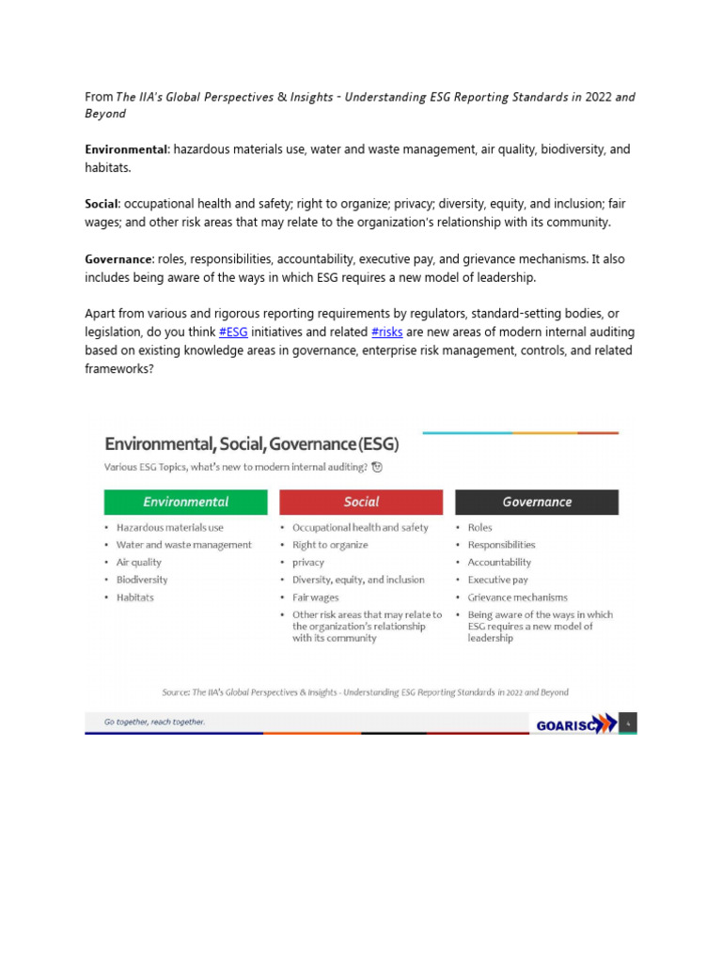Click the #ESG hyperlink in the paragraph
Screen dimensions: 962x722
coord(233,333)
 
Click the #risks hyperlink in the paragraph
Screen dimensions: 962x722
coord(387,333)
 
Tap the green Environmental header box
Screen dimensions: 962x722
coord(186,502)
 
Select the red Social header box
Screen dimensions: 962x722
coord(361,502)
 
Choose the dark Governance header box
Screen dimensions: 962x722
coord(537,502)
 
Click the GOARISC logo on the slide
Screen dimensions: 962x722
coord(576,723)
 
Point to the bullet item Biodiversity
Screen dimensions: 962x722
coord(142,580)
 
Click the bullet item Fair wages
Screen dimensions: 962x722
coord(316,597)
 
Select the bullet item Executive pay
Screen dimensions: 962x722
coord(497,580)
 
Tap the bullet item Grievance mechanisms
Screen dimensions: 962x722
coord(517,597)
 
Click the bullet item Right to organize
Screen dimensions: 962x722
coord(330,545)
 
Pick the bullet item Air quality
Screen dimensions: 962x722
coord(139,562)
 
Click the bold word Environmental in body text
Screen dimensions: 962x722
coord(126,149)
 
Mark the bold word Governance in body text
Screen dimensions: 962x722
coord(118,258)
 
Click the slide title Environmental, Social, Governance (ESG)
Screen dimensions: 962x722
coord(251,443)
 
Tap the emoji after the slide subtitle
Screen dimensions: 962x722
coord(377,467)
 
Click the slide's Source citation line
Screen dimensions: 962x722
coord(365,692)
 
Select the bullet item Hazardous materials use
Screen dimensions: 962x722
coord(170,527)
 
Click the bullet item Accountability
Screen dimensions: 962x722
coord(499,562)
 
